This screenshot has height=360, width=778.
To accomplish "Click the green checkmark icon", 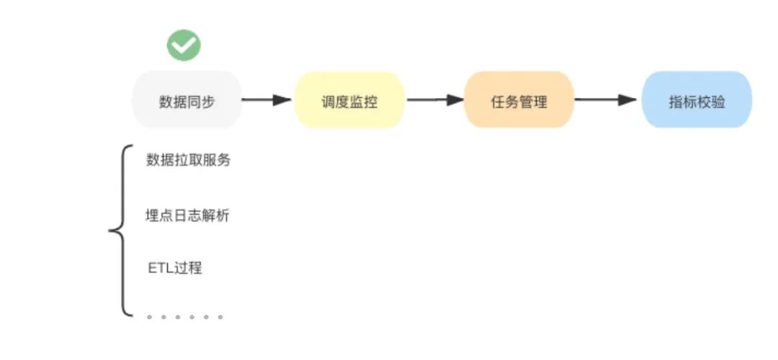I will coord(184,45).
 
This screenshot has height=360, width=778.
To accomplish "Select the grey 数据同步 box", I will coord(187,100).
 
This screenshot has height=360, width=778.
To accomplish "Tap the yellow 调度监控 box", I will coord(349,101).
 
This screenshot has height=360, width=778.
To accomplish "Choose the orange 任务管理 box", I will coord(519,101).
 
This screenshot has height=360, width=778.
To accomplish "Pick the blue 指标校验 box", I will coord(697,101).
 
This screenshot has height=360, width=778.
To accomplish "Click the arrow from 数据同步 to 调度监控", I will coord(267,100).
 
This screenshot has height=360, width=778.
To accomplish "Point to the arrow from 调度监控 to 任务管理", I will coord(434,100).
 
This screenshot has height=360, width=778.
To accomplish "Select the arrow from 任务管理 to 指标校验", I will coord(607,100).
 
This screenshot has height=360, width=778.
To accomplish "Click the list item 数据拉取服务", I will coord(189,161).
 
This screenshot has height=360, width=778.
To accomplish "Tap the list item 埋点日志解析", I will coord(188,215).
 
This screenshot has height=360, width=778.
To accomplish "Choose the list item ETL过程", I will coord(175,269).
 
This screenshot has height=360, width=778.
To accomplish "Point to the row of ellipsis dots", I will coord(184,316).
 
